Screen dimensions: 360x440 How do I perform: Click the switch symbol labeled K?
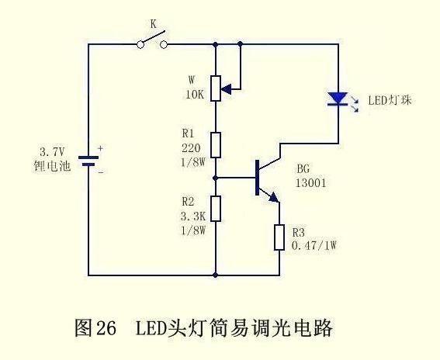pyautogui.click(x=153, y=43)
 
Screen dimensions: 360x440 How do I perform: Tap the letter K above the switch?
pyautogui.click(x=153, y=25)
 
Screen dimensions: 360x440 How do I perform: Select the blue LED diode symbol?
pyautogui.click(x=338, y=99)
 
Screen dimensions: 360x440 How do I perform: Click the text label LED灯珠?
pyautogui.click(x=387, y=101)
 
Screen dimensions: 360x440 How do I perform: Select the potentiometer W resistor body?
pyautogui.click(x=217, y=86)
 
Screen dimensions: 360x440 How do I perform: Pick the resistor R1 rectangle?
pyautogui.click(x=217, y=144)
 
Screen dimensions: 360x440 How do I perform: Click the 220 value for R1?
pyautogui.click(x=190, y=147)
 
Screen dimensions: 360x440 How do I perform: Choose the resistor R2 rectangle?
pyautogui.click(x=217, y=208)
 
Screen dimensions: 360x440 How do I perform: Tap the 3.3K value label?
pyautogui.click(x=192, y=217)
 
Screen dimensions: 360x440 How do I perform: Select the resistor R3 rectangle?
pyautogui.click(x=279, y=237)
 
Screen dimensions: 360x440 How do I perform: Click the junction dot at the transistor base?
pyautogui.click(x=217, y=177)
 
